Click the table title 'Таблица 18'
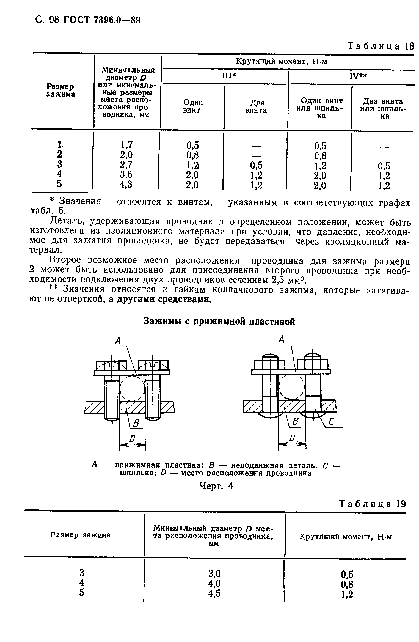[381, 46]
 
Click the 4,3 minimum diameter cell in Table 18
[126, 184]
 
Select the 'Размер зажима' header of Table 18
[60, 90]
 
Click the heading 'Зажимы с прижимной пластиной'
[219, 321]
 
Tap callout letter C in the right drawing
[331, 421]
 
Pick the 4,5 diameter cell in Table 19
[214, 594]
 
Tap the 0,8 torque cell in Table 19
[347, 584]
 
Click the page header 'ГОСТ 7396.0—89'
[102, 20]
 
